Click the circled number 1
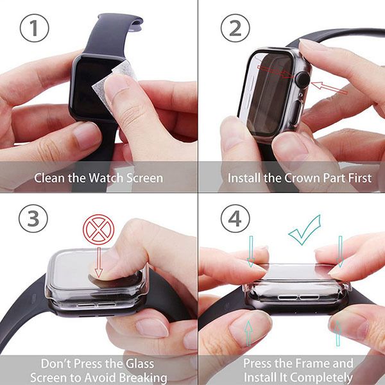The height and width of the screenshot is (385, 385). click(x=34, y=28)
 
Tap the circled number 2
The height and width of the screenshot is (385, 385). click(x=235, y=28)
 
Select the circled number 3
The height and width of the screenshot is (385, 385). click(x=33, y=219)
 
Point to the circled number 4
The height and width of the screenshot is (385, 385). click(x=235, y=219)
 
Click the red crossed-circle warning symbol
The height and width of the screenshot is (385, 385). click(x=98, y=230)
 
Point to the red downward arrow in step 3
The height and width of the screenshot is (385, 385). click(x=99, y=262)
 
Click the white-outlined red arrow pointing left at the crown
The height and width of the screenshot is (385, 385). click(x=329, y=87)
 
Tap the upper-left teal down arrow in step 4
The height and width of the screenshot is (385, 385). click(x=251, y=252)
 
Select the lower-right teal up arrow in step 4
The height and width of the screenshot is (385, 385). click(x=338, y=333)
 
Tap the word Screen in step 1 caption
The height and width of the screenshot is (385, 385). click(x=144, y=178)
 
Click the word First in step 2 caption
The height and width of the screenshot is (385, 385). click(x=360, y=178)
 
